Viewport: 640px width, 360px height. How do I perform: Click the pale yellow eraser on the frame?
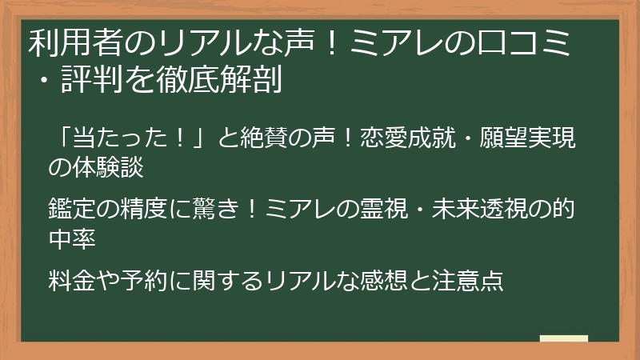point(563,338)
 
